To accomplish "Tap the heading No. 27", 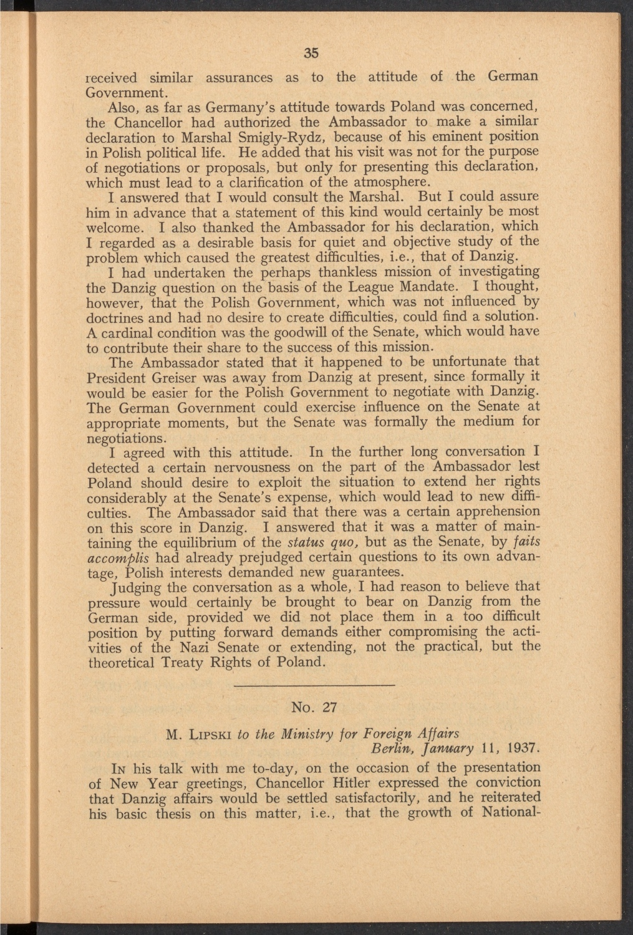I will (x=314, y=707).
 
